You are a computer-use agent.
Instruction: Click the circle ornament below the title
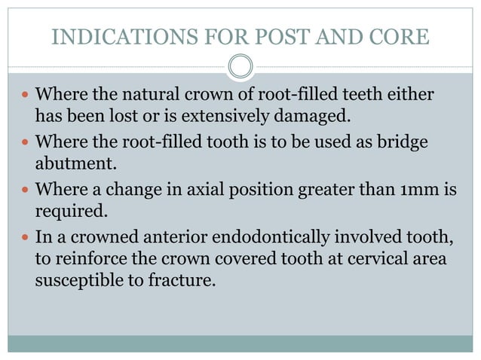click(240, 66)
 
